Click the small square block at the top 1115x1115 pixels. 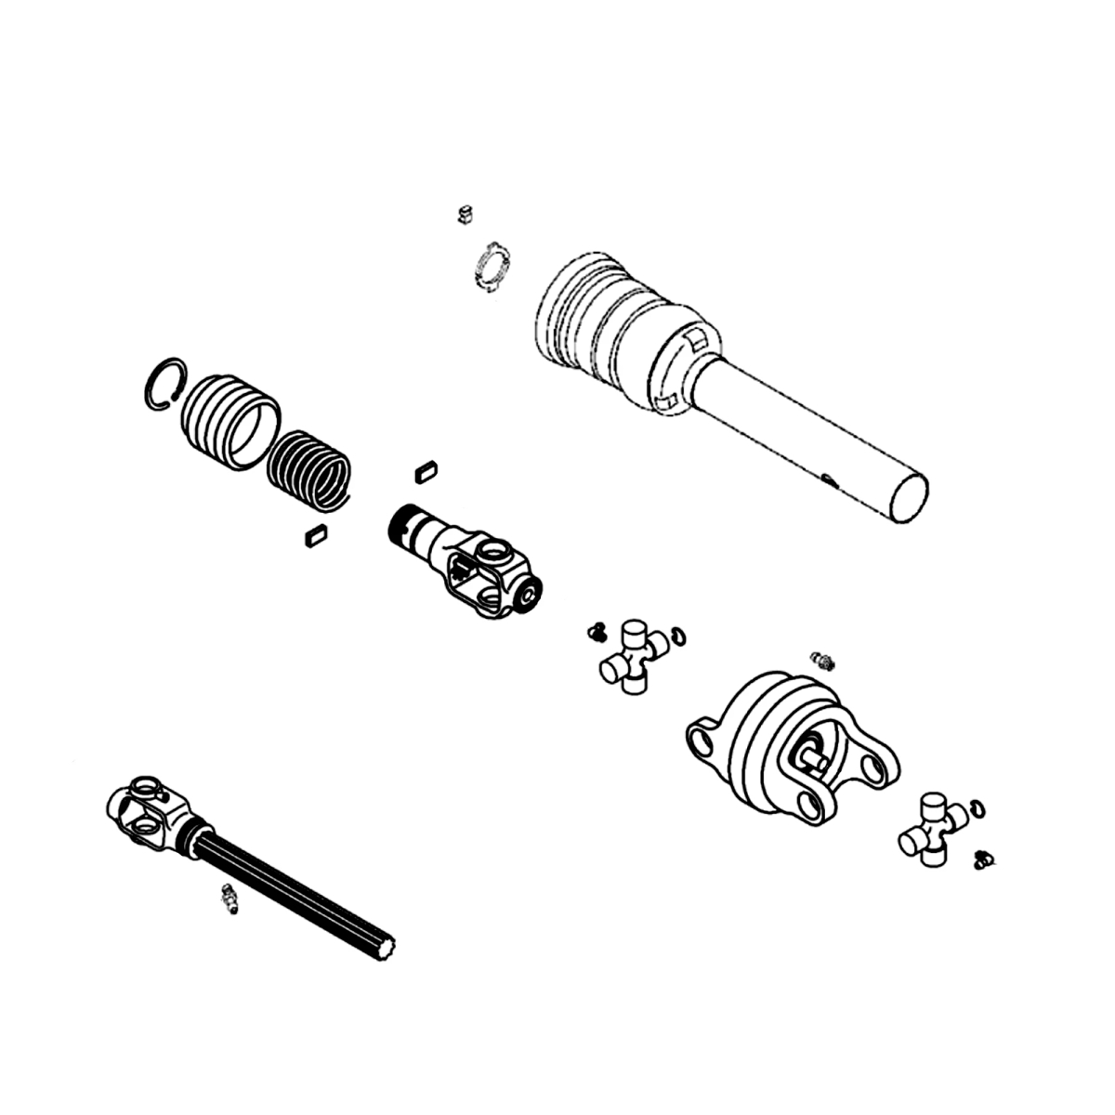(465, 216)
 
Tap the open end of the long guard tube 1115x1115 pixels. (909, 499)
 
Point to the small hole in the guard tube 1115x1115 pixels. (826, 479)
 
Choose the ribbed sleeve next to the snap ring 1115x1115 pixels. (230, 421)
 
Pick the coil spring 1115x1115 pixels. (309, 470)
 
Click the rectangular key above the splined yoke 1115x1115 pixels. (426, 470)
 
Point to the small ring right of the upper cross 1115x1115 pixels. (679, 635)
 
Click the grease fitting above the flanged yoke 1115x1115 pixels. (821, 661)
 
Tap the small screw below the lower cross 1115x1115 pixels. (984, 859)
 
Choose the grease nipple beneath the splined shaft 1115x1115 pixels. (227, 899)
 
